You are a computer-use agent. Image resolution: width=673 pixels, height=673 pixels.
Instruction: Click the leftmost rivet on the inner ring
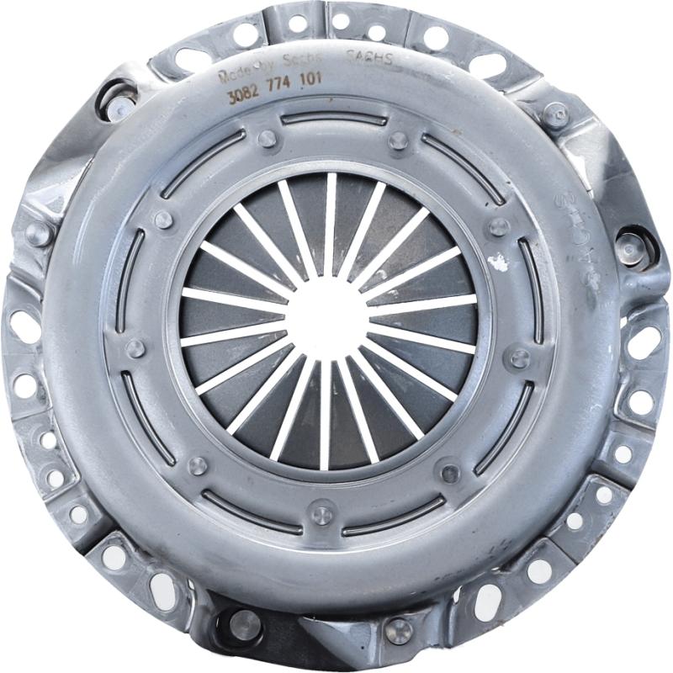pos(135,348)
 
